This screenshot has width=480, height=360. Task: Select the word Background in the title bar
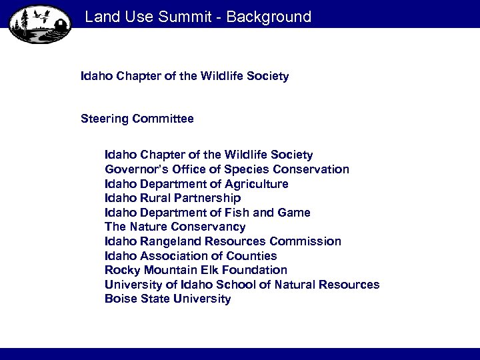coord(269,17)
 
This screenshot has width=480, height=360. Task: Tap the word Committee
coord(163,119)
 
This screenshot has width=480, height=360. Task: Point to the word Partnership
coord(208,198)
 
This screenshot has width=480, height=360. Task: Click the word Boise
coord(121,299)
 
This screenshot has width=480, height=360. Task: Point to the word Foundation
coord(254,270)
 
